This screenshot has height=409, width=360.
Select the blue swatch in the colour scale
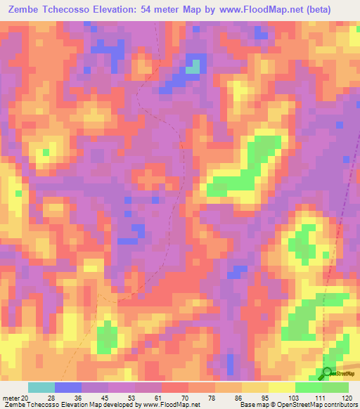(67, 388)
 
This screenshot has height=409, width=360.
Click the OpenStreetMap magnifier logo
(328, 374)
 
